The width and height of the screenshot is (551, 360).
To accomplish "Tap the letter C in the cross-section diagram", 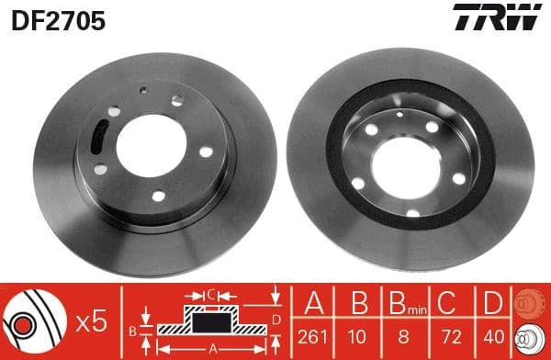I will coord(210,294).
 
